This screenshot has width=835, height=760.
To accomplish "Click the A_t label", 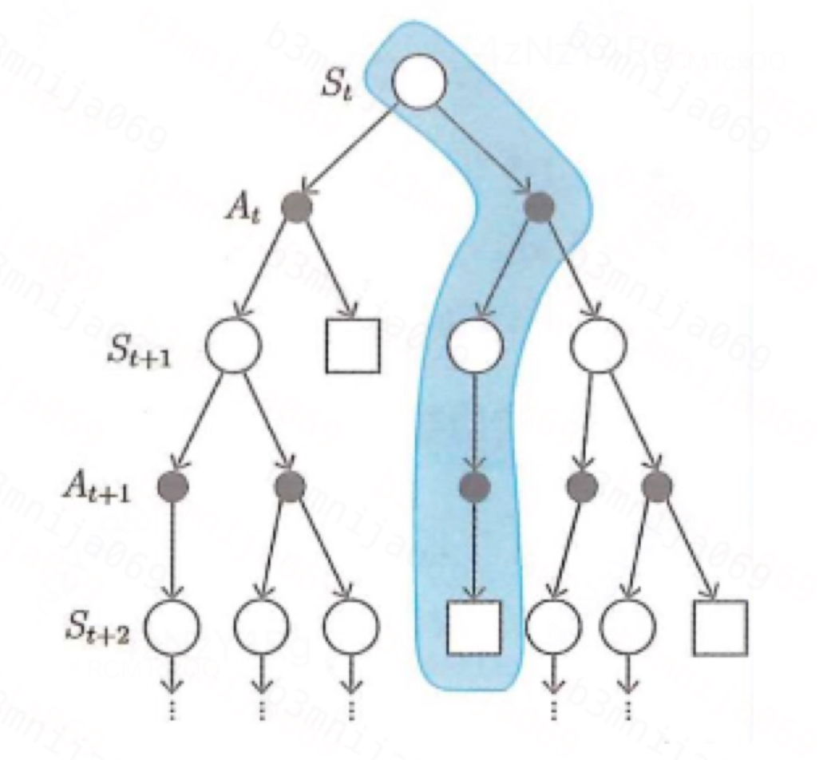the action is [239, 211].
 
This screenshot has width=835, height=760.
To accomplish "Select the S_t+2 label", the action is [99, 631].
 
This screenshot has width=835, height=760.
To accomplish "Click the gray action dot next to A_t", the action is [296, 208].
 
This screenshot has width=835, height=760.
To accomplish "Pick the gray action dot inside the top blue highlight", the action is [540, 208].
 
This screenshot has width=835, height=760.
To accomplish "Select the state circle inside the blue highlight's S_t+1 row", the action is [475, 345].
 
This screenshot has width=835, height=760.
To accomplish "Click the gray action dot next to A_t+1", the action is [172, 485].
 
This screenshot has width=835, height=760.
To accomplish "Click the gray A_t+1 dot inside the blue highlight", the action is [474, 485].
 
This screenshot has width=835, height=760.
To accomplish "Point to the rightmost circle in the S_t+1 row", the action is [599, 345].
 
